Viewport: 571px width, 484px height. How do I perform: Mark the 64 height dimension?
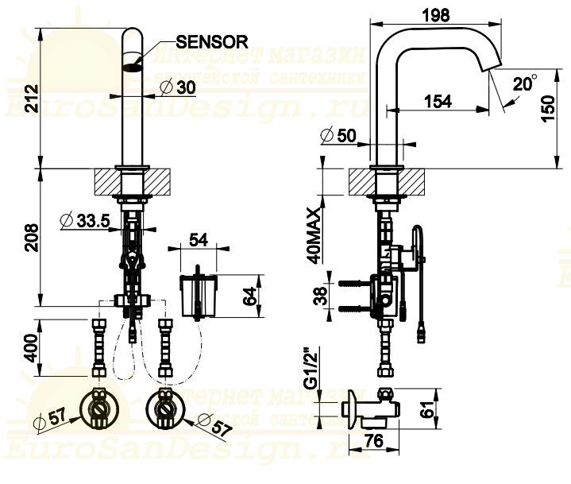249,296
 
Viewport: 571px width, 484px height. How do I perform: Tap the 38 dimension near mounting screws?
316,296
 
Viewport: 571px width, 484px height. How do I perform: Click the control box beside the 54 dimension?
196,294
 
